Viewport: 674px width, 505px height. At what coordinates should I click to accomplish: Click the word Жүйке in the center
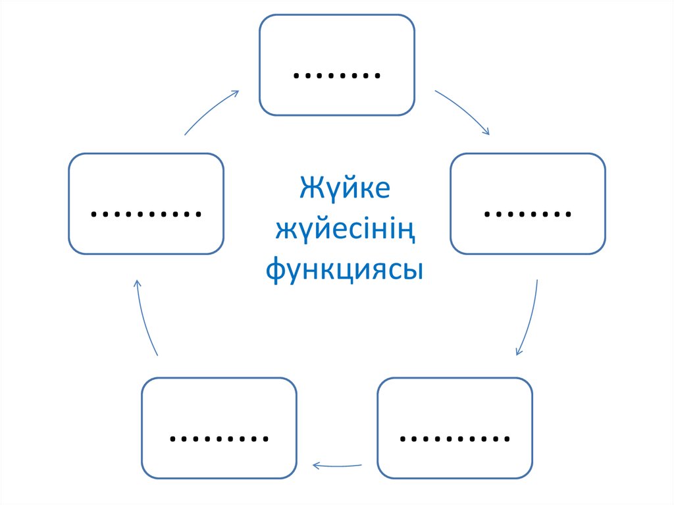(x=345, y=189)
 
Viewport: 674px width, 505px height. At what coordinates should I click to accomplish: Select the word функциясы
(x=345, y=269)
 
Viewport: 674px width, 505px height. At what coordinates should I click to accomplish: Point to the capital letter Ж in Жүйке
(x=311, y=189)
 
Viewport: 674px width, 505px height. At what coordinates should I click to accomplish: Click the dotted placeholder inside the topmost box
(x=337, y=74)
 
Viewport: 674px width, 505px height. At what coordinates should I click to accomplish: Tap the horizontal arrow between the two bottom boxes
(x=336, y=465)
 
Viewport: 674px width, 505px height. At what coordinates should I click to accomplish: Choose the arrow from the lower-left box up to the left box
(x=145, y=317)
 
